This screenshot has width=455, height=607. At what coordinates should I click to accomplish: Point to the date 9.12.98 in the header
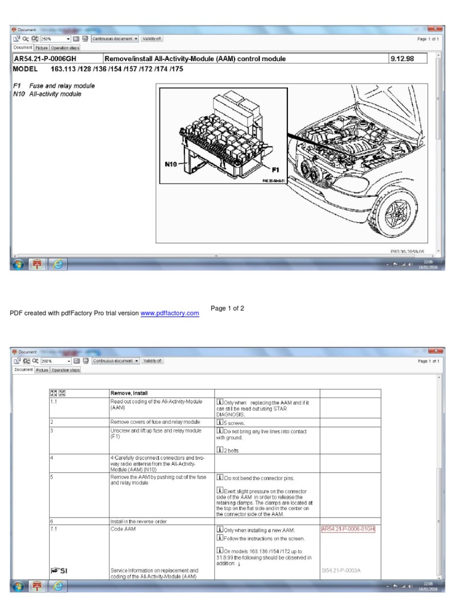pos(402,59)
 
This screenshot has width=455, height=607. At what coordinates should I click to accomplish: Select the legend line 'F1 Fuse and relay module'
pos(53,86)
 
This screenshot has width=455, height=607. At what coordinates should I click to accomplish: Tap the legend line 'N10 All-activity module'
pos(47,94)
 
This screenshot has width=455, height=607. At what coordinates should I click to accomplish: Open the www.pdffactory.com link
pos(169,313)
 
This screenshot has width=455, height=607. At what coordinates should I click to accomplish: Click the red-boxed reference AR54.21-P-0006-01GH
pos(348,529)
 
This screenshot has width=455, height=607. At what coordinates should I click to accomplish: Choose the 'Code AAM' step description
pos(122,529)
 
